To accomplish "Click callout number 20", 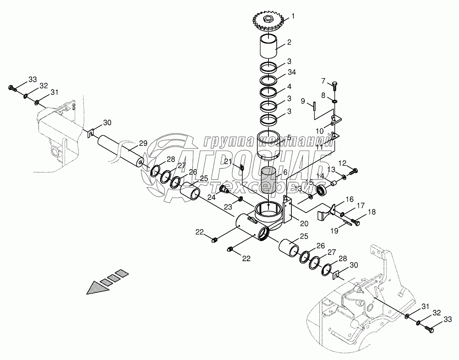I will click(304, 223).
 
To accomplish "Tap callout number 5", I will click(289, 138).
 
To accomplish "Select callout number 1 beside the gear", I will click(293, 16).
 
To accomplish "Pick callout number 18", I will click(372, 213).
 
